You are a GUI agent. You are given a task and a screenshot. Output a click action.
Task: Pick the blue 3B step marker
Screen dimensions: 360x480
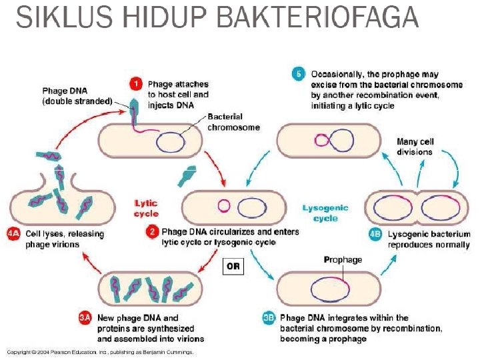268,319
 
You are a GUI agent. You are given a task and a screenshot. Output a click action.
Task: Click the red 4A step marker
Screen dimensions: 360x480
14,234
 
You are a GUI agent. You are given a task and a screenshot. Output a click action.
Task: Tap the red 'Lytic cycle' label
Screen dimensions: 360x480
146,208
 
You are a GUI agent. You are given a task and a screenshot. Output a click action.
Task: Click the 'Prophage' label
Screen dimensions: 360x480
343,259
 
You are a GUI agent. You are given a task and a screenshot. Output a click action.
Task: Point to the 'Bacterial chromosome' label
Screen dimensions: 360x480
233,121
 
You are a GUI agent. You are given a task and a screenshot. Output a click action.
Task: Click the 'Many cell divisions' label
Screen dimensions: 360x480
414,147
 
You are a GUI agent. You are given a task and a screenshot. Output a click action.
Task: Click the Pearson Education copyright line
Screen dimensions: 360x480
100,351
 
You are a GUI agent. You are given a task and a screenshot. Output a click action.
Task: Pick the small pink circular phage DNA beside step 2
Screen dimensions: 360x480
225,205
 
